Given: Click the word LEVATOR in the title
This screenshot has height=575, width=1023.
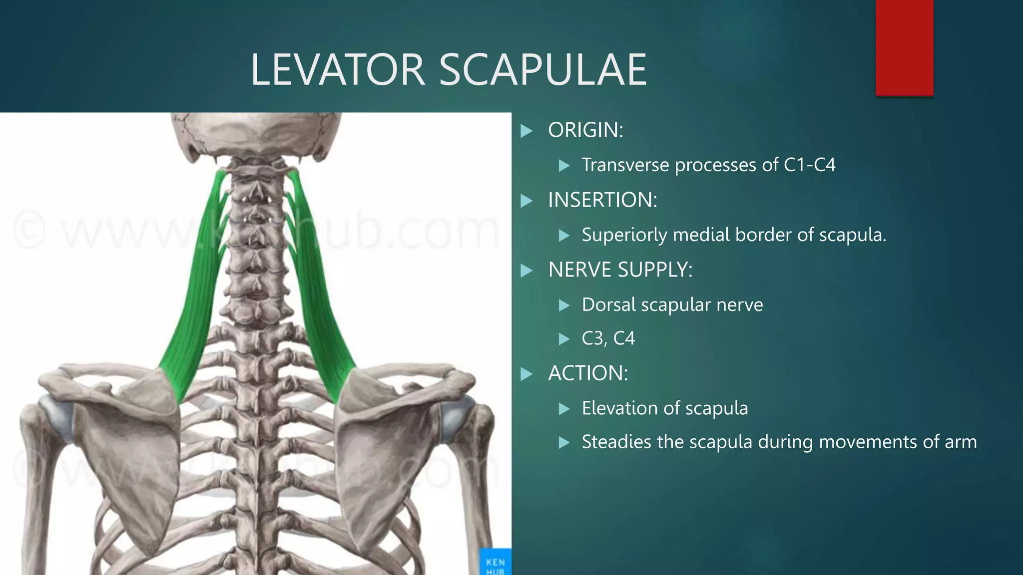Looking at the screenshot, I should pyautogui.click(x=338, y=70).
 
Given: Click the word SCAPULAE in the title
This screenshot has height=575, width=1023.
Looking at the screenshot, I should pyautogui.click(x=542, y=70).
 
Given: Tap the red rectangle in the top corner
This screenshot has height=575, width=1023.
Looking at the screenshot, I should pyautogui.click(x=904, y=47).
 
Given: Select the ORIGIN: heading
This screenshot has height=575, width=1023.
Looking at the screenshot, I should pyautogui.click(x=585, y=130).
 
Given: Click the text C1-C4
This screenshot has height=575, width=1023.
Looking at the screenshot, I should pyautogui.click(x=809, y=165).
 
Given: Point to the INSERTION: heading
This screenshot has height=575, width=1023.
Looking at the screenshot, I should pyautogui.click(x=602, y=200).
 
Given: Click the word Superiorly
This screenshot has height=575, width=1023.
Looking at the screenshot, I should pyautogui.click(x=624, y=235).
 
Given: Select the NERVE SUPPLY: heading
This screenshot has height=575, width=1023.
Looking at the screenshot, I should pyautogui.click(x=620, y=270).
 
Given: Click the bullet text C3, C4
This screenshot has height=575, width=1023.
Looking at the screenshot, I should pyautogui.click(x=608, y=338).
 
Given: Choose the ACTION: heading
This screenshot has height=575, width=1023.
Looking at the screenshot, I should pyautogui.click(x=587, y=373).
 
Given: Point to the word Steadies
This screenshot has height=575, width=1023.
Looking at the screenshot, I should pyautogui.click(x=616, y=442).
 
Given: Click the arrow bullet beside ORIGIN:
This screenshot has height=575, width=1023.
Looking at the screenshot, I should pyautogui.click(x=526, y=131).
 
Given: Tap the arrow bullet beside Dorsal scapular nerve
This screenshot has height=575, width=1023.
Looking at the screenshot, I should pyautogui.click(x=564, y=305).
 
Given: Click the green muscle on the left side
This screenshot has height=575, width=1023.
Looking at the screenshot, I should pyautogui.click(x=195, y=299).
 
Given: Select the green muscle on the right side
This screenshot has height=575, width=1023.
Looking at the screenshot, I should pyautogui.click(x=320, y=299).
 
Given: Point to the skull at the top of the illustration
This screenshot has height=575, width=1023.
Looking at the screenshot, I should pyautogui.click(x=255, y=132).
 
